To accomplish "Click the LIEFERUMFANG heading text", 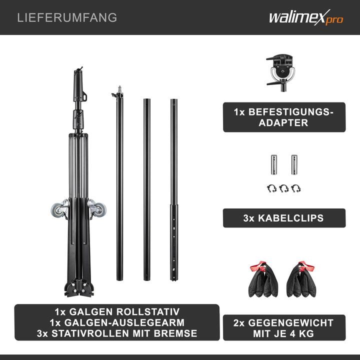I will tap(67, 17).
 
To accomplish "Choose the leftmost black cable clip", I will tap(271, 188).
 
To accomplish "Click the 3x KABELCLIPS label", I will tap(284, 218).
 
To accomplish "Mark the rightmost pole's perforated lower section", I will tap(173, 245).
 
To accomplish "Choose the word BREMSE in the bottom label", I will tap(175, 333).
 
